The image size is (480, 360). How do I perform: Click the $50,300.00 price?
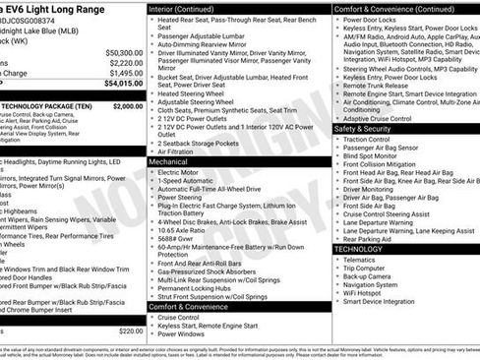tap(123, 52)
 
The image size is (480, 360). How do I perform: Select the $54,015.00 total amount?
tap(123, 85)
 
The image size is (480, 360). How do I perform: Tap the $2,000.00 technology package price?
tap(127, 105)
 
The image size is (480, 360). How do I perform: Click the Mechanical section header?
tap(175, 160)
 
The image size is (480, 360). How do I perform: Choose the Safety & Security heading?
tap(369, 129)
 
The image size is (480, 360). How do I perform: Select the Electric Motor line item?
tap(184, 172)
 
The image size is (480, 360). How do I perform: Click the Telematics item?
tap(366, 260)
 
